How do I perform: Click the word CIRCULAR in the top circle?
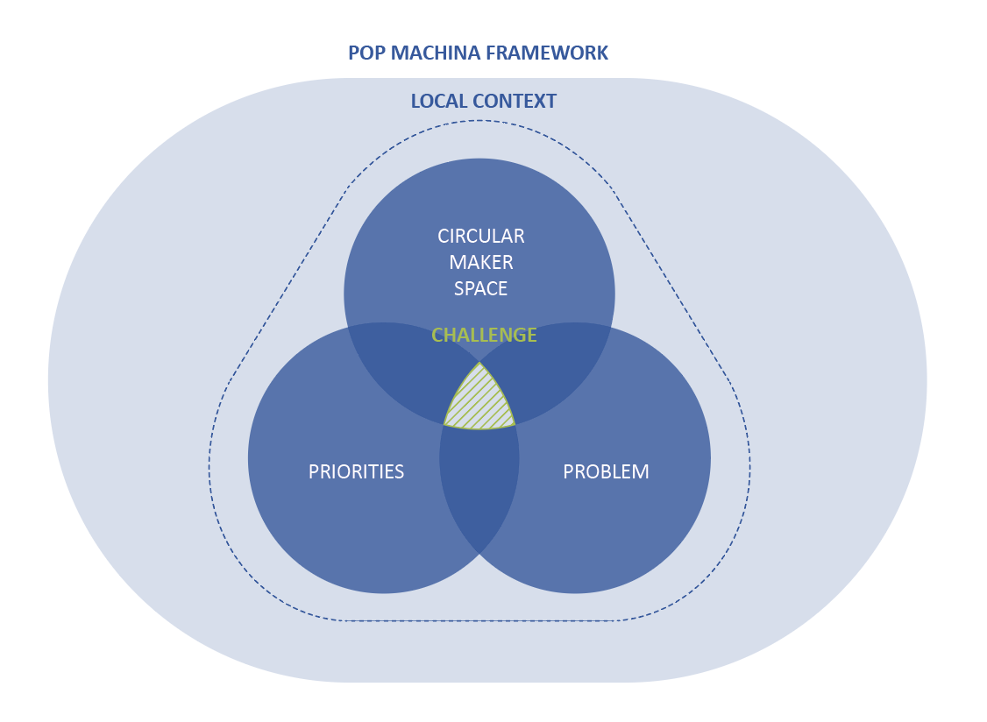(481, 237)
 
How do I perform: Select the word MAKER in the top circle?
(481, 263)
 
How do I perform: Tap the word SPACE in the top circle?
(481, 289)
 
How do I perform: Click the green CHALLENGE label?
(484, 336)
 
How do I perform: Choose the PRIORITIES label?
(356, 472)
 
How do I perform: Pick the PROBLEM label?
(606, 472)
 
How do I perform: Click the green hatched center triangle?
(479, 403)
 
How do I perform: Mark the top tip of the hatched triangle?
(479, 362)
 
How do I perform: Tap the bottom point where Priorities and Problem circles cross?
(479, 553)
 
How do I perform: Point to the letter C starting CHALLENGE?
(437, 336)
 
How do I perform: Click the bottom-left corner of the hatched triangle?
(444, 425)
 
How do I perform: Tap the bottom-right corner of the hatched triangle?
(515, 425)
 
